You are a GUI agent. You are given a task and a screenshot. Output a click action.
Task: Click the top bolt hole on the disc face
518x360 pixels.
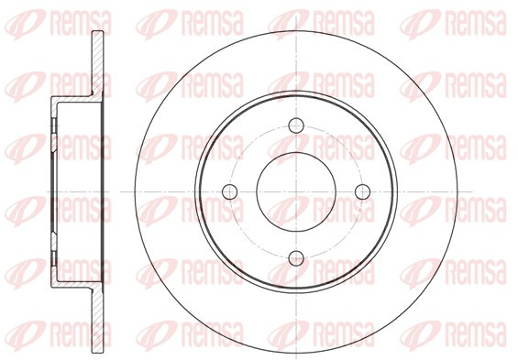point(295,125)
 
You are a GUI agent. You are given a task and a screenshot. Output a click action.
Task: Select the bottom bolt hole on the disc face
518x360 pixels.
point(295,258)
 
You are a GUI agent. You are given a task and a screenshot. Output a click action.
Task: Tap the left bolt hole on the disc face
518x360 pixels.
point(229,191)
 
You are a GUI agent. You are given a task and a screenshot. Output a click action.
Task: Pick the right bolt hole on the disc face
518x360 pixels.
point(362,191)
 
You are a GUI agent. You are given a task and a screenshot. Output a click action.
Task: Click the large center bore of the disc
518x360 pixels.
point(295,191)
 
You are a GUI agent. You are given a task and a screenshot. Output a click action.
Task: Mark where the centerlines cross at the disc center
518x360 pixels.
point(295,191)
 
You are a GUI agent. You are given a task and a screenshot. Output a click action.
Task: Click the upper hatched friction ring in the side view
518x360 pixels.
point(97,61)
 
